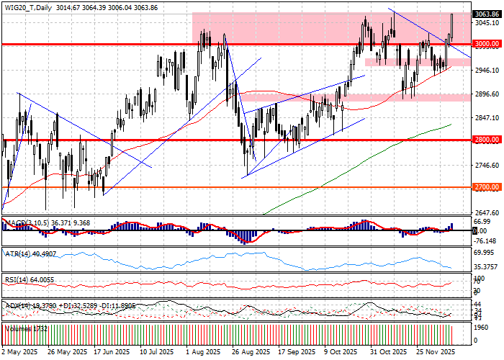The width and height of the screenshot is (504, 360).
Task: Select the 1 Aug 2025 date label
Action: (203, 353)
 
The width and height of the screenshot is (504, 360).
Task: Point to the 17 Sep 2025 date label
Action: (297, 353)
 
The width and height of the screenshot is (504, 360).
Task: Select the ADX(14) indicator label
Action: (18, 305)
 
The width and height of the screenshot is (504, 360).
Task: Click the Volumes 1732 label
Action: (27, 328)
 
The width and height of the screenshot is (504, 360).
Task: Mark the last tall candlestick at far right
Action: (452, 27)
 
